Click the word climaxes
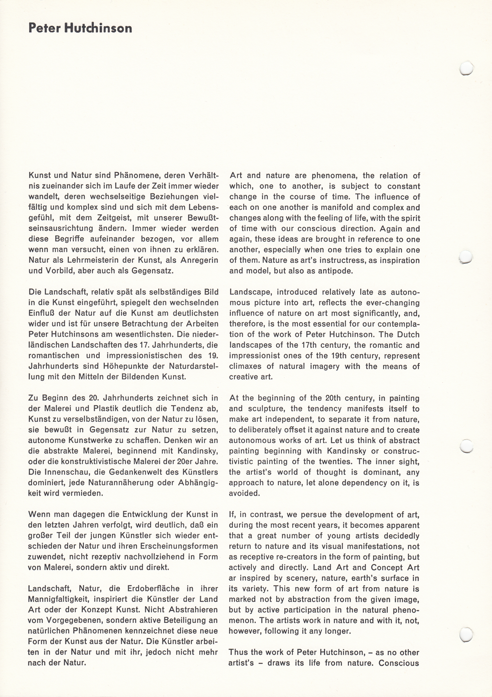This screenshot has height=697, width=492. click(245, 366)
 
